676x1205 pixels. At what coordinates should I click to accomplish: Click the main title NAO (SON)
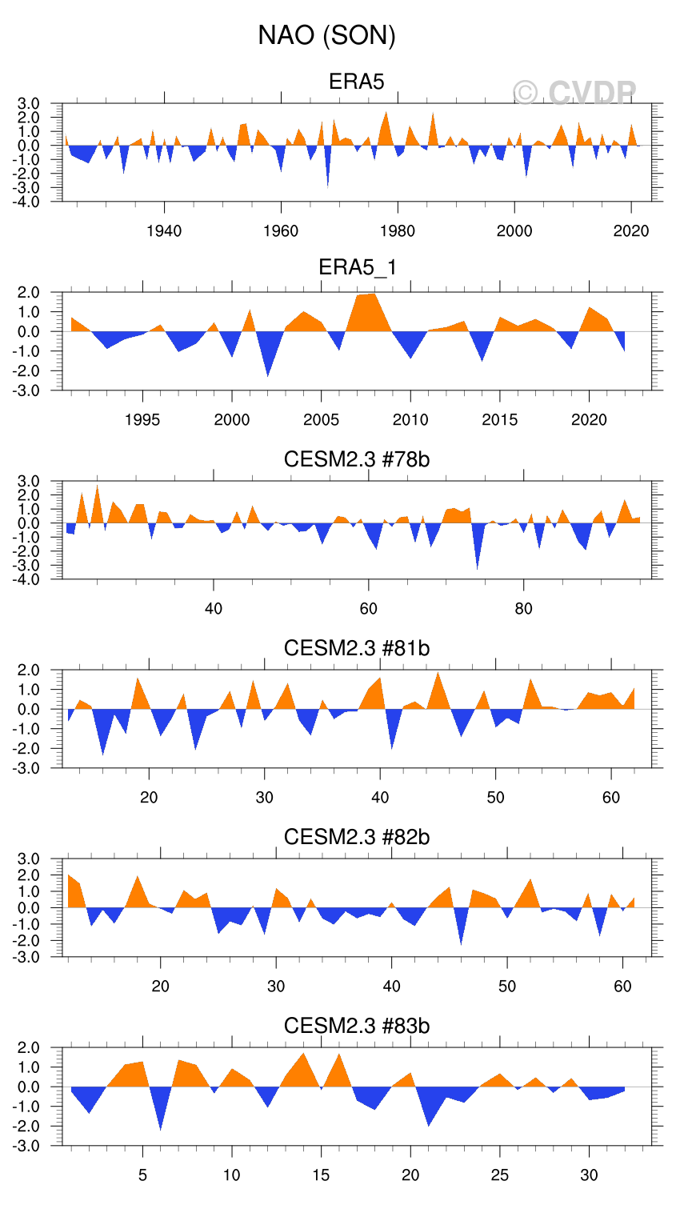(x=326, y=35)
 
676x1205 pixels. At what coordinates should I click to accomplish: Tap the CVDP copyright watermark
(x=574, y=93)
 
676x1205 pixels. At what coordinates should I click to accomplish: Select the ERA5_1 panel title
(x=357, y=267)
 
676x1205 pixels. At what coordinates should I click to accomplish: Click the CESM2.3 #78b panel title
(x=357, y=459)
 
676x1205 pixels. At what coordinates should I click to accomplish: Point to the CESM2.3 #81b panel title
(x=357, y=647)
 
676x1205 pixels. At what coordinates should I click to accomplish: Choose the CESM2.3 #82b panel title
(x=357, y=837)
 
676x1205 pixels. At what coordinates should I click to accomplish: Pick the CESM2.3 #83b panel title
(x=357, y=1026)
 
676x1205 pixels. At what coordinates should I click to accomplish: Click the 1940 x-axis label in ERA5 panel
(x=164, y=231)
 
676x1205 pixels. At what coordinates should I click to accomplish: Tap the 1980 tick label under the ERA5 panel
(x=398, y=231)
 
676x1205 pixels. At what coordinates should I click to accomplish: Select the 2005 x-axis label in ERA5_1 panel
(x=321, y=420)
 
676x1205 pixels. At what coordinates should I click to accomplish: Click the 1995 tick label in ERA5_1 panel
(x=142, y=420)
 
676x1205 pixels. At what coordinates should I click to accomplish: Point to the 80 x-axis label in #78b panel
(x=523, y=609)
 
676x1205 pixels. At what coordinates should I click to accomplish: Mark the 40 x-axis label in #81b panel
(x=380, y=798)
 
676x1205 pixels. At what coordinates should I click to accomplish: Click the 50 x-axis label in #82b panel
(x=507, y=987)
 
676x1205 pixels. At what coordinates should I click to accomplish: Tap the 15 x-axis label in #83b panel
(x=321, y=1175)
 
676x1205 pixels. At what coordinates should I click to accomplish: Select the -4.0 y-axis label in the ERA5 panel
(x=28, y=202)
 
